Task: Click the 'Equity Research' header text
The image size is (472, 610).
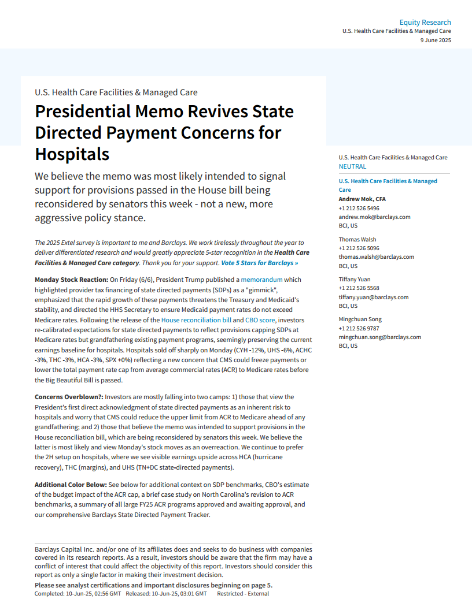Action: [425, 23]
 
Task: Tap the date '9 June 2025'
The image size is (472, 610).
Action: [436, 40]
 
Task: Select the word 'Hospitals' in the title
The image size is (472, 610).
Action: [72, 154]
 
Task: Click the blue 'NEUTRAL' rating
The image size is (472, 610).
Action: [352, 166]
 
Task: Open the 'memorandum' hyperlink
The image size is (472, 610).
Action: [261, 280]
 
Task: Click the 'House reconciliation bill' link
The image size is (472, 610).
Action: [196, 320]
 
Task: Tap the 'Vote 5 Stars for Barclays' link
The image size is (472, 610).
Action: [260, 263]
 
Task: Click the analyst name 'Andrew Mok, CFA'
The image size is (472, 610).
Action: [362, 199]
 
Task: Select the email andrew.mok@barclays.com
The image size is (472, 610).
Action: [374, 217]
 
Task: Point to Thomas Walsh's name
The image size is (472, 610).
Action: [357, 239]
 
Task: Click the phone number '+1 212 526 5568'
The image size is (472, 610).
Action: [359, 288]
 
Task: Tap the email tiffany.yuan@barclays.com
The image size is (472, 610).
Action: [374, 297]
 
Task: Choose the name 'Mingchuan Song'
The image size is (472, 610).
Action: [360, 319]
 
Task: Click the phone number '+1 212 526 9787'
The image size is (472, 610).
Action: [359, 328]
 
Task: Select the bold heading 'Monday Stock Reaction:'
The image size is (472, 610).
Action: [71, 280]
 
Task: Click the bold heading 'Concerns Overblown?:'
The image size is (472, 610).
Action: [69, 397]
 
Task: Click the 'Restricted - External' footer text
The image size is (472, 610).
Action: [243, 594]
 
